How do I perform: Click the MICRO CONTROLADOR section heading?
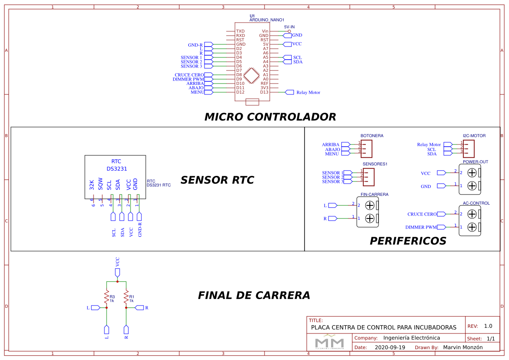[x=270, y=117]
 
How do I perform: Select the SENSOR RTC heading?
[x=217, y=180]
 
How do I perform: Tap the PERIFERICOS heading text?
[x=408, y=241]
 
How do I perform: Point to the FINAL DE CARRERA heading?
[x=254, y=296]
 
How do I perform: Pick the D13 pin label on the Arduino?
[x=264, y=92]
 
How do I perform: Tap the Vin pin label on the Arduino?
[x=265, y=31]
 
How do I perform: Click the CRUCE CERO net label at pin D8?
[x=189, y=75]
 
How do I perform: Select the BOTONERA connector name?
[x=372, y=136]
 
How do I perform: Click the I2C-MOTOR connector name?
[x=474, y=136]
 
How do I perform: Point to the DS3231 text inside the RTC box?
[x=117, y=169]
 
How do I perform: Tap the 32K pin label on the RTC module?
[x=92, y=184]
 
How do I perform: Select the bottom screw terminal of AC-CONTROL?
[x=472, y=227]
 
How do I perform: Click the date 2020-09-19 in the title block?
[x=390, y=347]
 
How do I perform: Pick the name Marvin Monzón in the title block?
[x=462, y=347]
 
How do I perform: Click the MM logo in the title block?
[x=329, y=343]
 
